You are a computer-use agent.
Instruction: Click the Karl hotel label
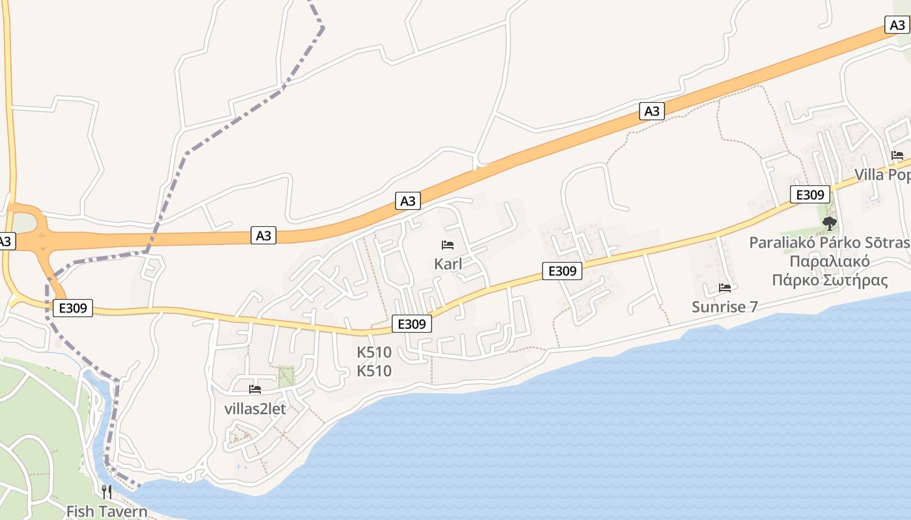448,264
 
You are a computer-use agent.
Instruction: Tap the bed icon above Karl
448,245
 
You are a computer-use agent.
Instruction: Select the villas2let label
255,409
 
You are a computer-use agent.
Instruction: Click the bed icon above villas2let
255,389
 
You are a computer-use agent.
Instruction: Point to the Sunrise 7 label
724,307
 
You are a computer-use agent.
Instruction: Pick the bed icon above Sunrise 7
725,287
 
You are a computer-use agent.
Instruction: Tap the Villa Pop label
882,175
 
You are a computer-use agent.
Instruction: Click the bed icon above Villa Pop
897,155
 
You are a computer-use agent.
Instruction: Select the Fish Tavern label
107,511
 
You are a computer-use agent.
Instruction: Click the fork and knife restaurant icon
107,491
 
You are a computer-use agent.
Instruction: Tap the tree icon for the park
829,224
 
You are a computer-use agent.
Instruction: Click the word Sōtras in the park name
883,243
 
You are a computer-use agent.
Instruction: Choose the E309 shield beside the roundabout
72,308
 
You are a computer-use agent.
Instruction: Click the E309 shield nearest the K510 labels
411,324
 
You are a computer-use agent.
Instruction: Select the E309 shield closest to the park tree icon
809,194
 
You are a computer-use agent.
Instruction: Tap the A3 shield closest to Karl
407,201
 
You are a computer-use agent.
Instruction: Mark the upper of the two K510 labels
374,352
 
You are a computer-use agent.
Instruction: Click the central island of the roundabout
25,224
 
